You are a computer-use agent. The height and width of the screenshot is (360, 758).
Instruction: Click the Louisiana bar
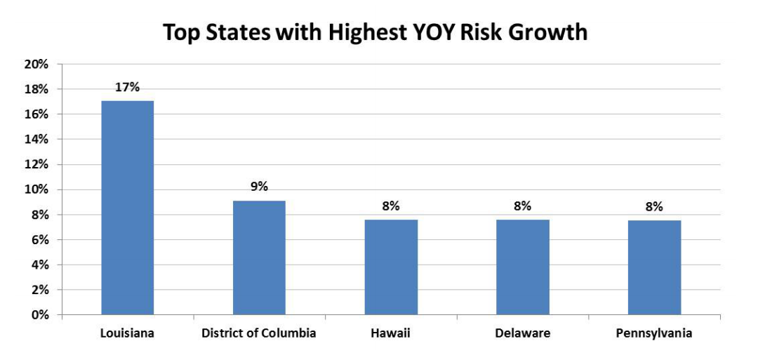[x=128, y=208]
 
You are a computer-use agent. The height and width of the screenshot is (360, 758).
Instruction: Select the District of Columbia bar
[x=259, y=258]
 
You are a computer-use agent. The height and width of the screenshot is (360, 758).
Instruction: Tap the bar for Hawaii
[x=391, y=267]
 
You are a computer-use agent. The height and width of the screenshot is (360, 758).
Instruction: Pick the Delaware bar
[x=523, y=267]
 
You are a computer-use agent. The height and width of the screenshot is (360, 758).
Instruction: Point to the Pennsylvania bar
[x=654, y=267]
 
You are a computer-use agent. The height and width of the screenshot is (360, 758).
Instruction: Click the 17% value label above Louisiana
[x=128, y=88]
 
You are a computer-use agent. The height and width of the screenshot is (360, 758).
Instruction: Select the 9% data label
[x=259, y=187]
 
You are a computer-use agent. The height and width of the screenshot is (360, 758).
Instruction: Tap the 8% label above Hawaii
[x=391, y=206]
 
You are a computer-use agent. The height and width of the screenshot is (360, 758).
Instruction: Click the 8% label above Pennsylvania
[x=654, y=206]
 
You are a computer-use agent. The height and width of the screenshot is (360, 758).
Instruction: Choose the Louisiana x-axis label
[x=127, y=333]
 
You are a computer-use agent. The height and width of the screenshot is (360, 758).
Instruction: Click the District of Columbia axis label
[x=259, y=333]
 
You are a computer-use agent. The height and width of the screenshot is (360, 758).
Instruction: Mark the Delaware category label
[x=523, y=333]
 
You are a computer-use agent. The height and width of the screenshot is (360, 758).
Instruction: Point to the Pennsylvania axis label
[x=654, y=333]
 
